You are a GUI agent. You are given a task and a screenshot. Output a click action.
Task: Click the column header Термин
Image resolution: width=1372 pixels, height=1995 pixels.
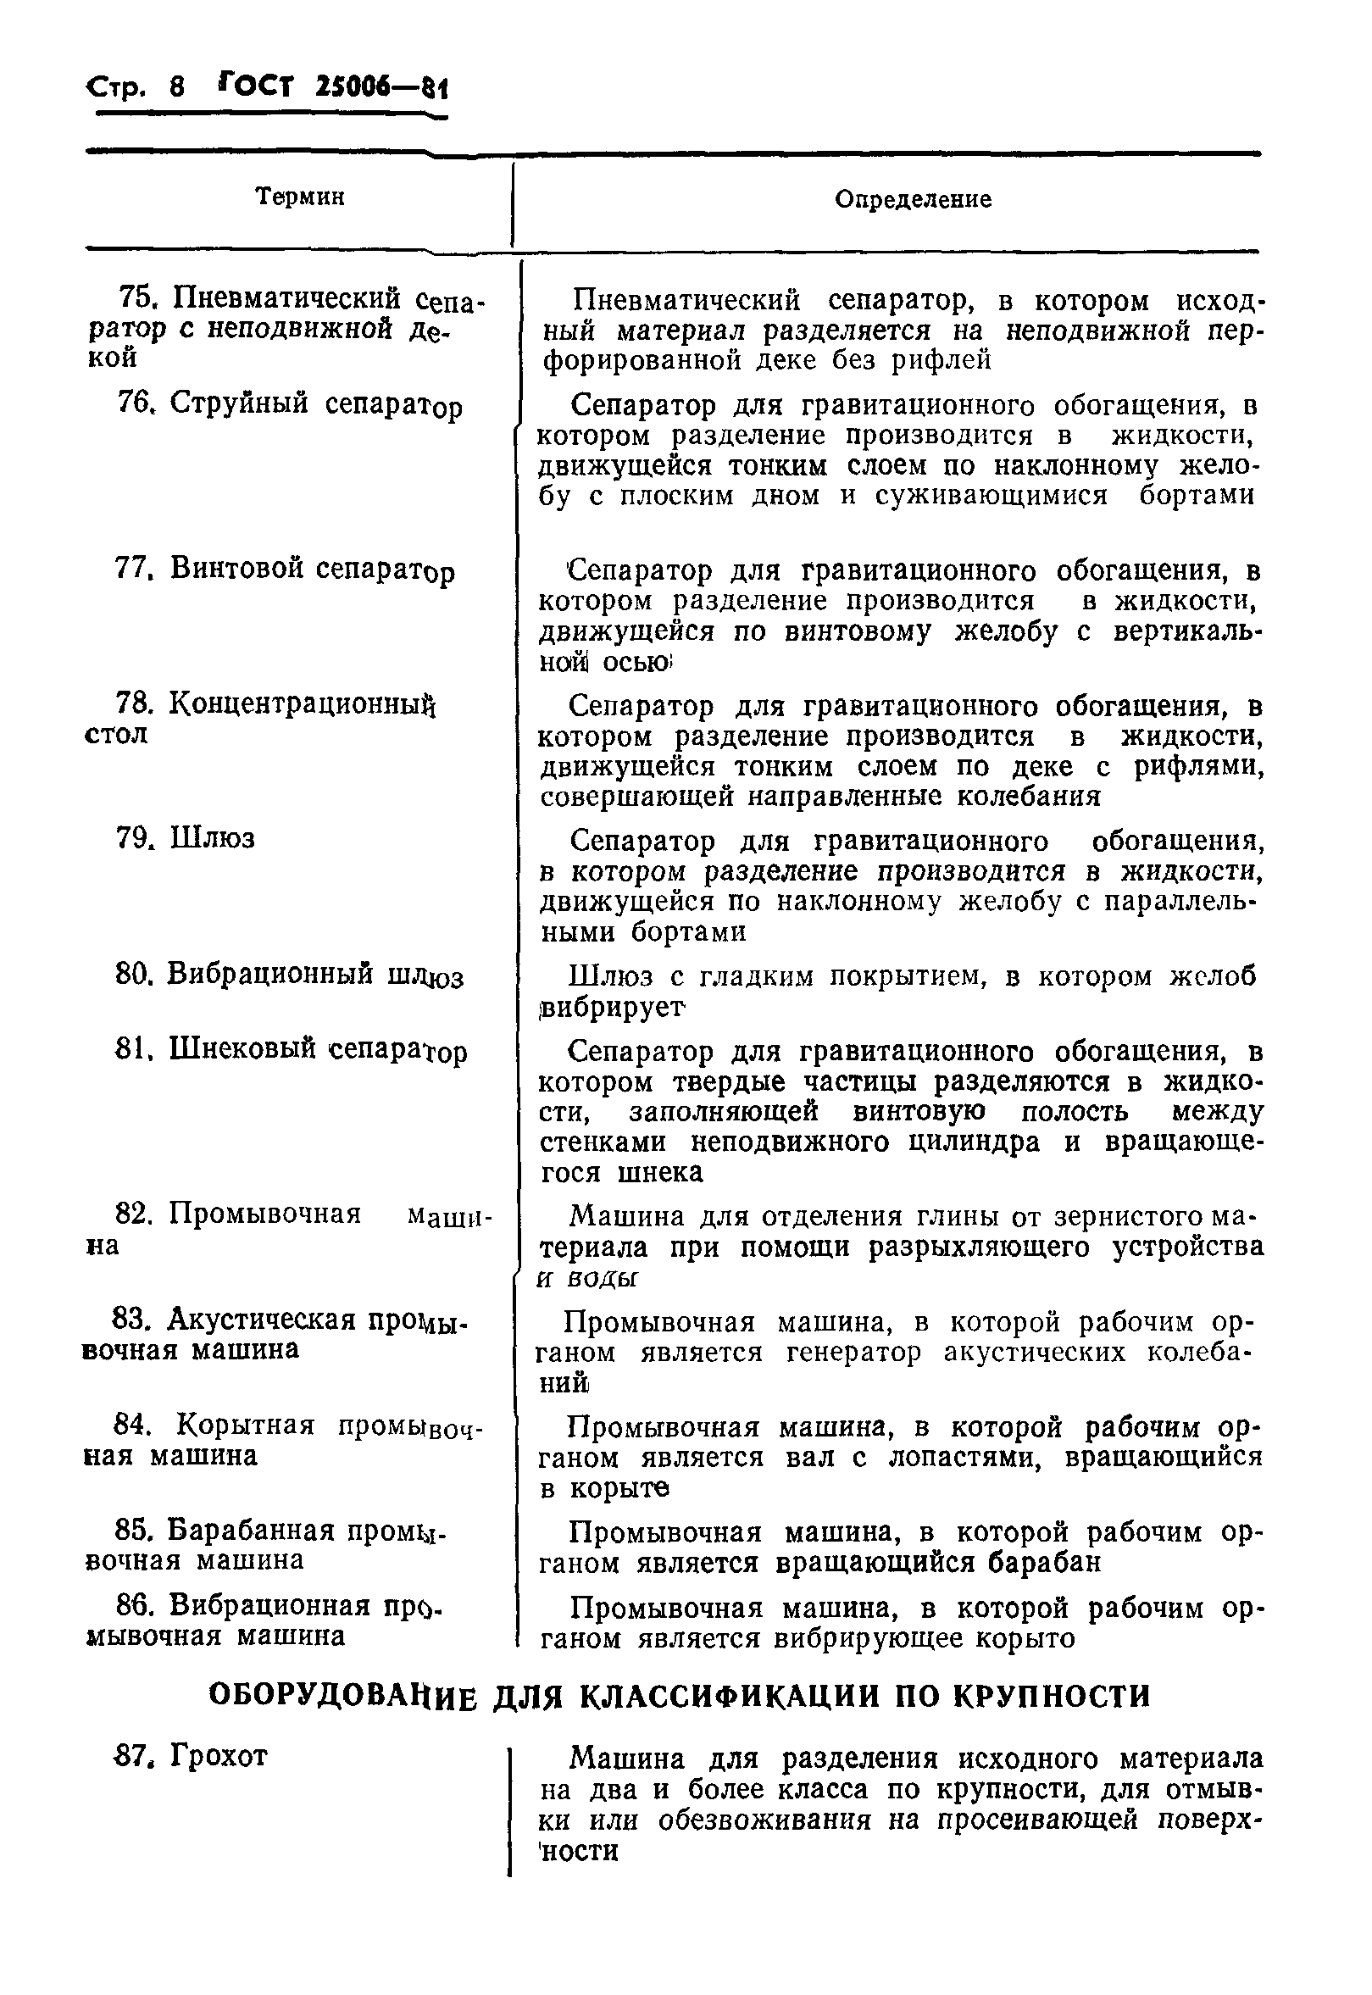[x=300, y=197]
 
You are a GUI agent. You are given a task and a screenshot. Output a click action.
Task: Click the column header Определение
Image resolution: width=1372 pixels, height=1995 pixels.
[x=913, y=199]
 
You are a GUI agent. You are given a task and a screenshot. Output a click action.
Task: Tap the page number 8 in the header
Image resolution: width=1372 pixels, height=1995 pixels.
[x=178, y=86]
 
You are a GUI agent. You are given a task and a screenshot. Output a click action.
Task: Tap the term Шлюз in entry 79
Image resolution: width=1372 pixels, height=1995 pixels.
[x=213, y=838]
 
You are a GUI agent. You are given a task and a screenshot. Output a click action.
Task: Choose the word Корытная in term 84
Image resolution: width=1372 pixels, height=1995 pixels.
[x=247, y=1425]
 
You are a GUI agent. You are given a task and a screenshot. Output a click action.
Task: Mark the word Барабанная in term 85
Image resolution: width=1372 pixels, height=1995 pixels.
[x=250, y=1531]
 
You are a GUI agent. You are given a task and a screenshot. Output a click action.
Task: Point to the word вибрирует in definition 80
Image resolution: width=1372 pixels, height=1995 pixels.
[x=613, y=1007]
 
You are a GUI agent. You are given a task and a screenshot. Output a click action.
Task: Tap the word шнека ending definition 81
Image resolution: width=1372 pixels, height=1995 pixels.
[x=660, y=1172]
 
